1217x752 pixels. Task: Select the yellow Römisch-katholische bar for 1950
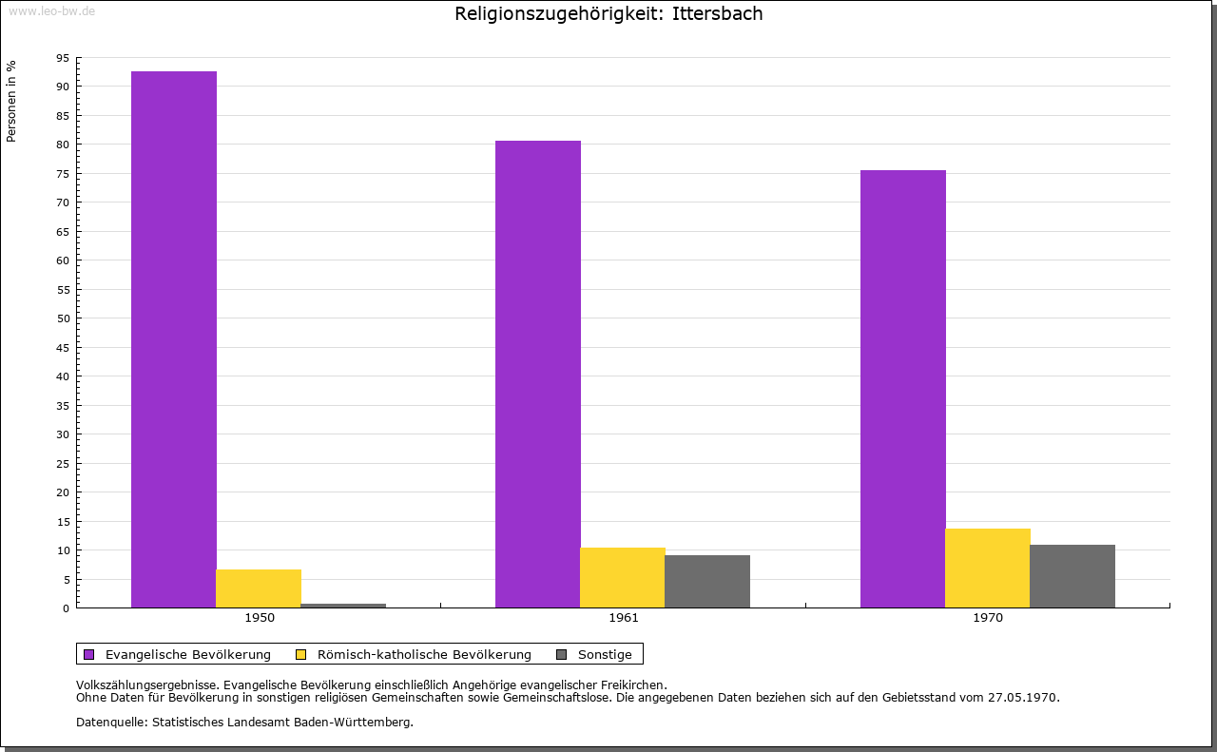pos(259,588)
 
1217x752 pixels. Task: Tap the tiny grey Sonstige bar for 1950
pos(343,606)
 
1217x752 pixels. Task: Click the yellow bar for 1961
pos(623,577)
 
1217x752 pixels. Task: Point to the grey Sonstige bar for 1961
pos(707,581)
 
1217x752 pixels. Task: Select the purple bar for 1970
pos(903,389)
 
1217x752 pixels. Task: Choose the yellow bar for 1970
pos(988,568)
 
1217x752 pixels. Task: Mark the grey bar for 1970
pos(1072,576)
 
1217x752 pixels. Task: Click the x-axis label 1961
pos(624,618)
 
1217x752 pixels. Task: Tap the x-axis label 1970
pos(988,618)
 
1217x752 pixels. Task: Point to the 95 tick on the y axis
pos(63,58)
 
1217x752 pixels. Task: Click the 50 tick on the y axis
pos(63,318)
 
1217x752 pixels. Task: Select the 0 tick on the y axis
pos(67,608)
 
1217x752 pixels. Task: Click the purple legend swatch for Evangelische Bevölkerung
pos(89,654)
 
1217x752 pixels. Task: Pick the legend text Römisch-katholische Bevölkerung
pos(424,654)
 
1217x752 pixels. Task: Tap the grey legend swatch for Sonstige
pos(561,654)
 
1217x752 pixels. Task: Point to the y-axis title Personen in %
pos(11,101)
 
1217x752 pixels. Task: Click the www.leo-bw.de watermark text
pos(51,10)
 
